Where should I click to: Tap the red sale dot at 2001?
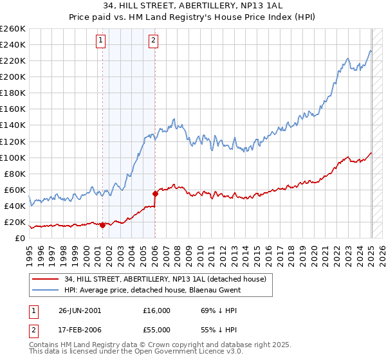click(102, 225)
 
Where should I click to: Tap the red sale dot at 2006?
click(155, 194)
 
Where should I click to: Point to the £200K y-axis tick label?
click(13, 76)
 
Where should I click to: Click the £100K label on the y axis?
click(13, 157)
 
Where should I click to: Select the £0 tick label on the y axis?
click(19, 238)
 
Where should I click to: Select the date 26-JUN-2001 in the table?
click(79, 310)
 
